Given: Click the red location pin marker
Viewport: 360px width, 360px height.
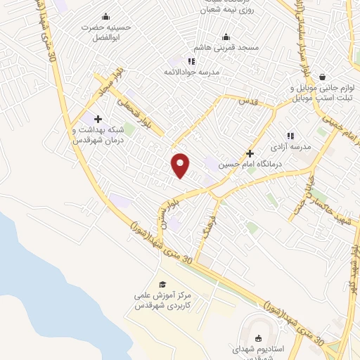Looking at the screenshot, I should click(181, 165).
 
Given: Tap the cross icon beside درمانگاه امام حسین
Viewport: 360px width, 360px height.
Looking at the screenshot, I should click(250, 153).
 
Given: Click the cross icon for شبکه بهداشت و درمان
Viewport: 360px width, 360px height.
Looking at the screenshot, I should click(98, 118).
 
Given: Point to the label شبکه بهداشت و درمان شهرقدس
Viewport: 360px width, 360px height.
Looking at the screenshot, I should click(98, 135).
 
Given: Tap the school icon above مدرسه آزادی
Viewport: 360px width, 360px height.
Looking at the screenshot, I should click(290, 136).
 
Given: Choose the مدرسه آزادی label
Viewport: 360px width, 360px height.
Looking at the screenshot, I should click(289, 148).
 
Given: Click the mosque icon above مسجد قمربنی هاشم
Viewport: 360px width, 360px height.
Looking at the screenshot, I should click(226, 37).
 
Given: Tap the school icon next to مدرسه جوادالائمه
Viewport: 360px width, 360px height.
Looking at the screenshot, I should click(191, 61).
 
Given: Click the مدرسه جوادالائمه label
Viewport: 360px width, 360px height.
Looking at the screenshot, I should click(192, 72).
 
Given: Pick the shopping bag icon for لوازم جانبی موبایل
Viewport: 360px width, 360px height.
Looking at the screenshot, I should click(323, 77).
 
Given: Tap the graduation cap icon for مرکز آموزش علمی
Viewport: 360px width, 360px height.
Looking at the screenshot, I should click(163, 284).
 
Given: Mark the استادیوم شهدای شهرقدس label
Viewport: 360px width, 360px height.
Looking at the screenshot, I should click(256, 352).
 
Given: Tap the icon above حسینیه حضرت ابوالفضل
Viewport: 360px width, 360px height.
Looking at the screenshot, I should click(106, 16).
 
